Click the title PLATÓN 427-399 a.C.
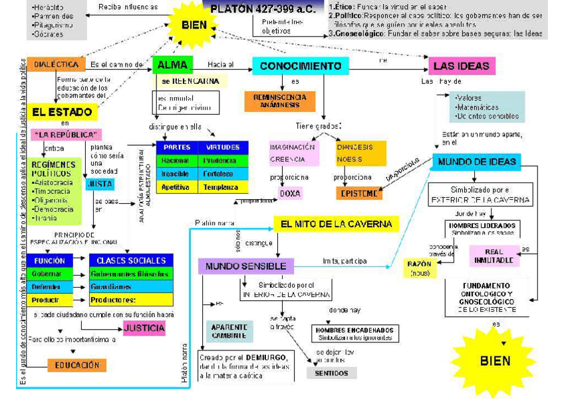[x=262, y=10]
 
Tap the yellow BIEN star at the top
[x=194, y=25]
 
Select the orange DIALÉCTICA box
[x=57, y=65]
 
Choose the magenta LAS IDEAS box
[x=461, y=66]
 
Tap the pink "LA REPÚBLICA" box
[x=66, y=134]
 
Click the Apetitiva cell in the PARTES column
[x=176, y=187]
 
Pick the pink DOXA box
[x=290, y=193]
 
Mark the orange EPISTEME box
[x=359, y=193]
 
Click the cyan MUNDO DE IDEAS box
[x=476, y=162]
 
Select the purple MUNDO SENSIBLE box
[x=245, y=266]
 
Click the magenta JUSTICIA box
[x=144, y=328]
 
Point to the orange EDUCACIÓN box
[x=76, y=365]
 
